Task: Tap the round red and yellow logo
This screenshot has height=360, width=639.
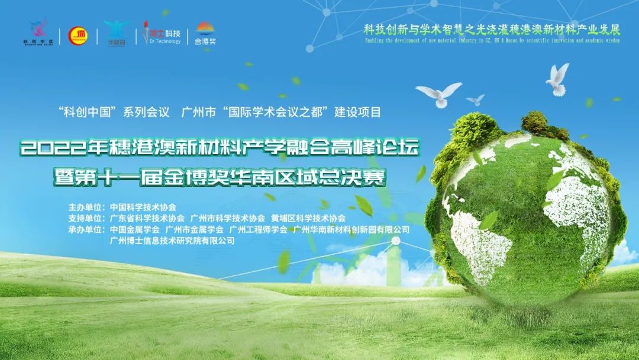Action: pos(78,36)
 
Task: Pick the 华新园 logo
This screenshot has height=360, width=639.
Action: pos(115,33)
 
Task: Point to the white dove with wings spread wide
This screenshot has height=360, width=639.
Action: pos(438,94)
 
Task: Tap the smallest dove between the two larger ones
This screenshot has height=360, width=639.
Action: pos(475,99)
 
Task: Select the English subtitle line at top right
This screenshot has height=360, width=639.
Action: pos(491,42)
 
